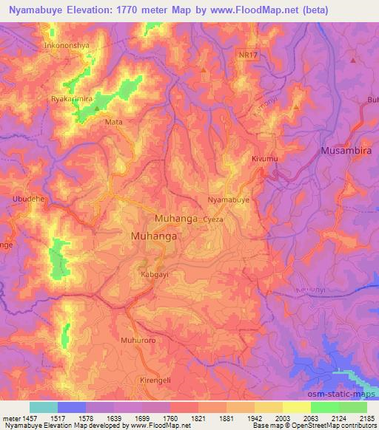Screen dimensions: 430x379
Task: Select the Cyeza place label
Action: [213, 219]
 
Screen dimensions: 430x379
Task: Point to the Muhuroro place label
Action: [135, 341]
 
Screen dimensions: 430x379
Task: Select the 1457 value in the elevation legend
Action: [30, 418]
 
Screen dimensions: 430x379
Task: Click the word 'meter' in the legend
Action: [10, 418]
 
